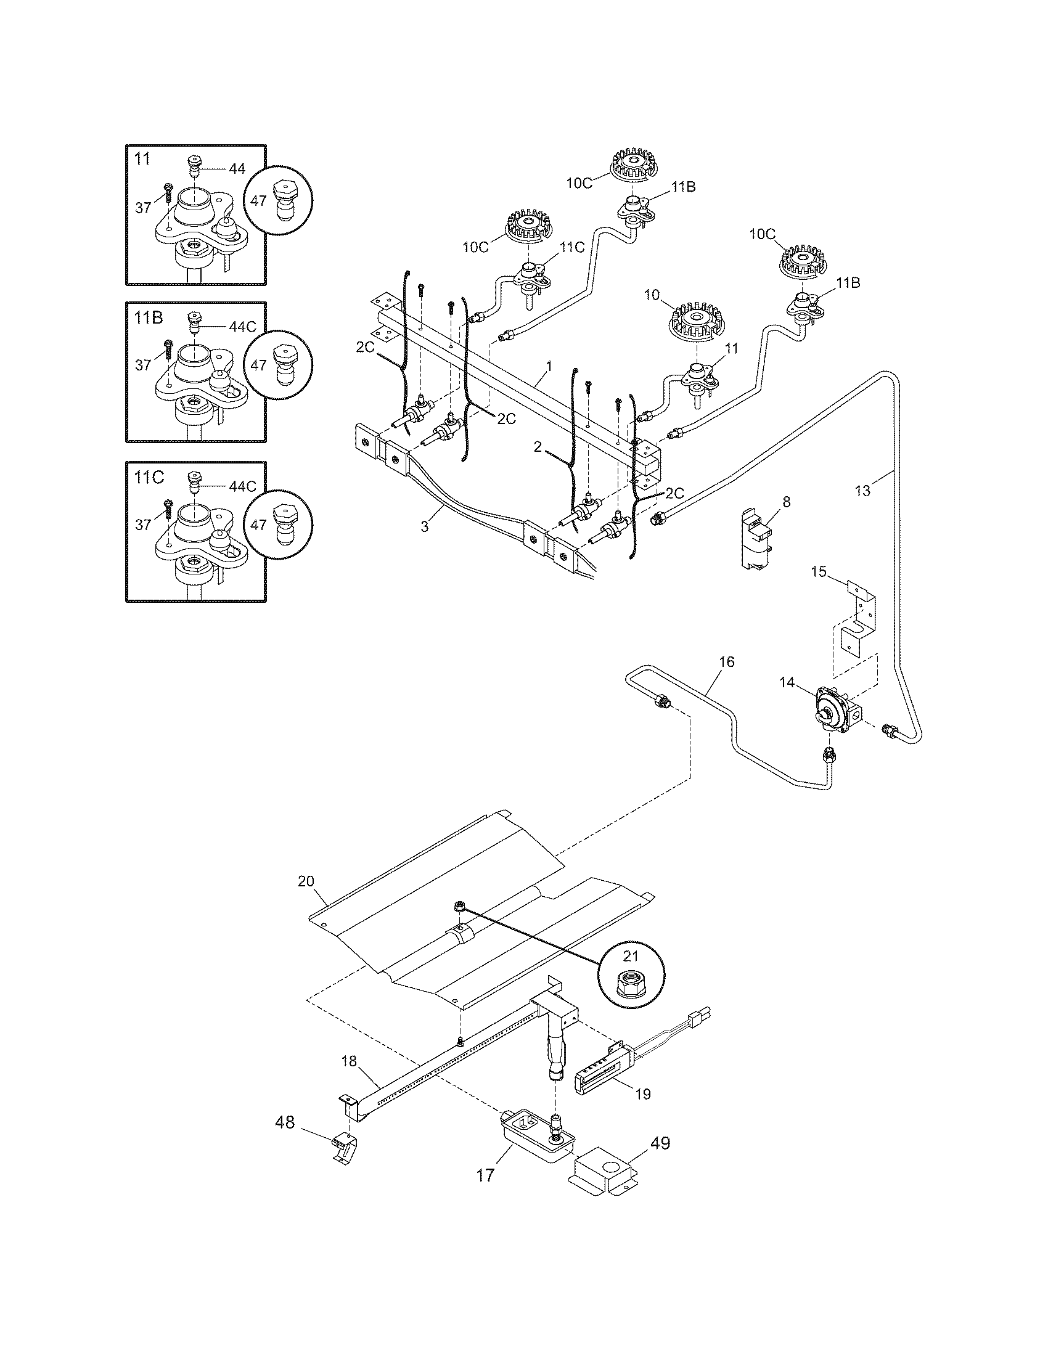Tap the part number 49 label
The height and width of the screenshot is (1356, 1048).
(661, 1143)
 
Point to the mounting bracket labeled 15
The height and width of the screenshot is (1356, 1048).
(859, 620)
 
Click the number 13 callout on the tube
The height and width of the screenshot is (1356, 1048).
(863, 491)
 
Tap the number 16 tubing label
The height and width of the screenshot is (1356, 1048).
(726, 663)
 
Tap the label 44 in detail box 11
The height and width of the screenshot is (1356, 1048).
(237, 168)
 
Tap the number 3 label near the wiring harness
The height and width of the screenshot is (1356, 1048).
(425, 527)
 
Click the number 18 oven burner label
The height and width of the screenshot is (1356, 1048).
(350, 1061)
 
